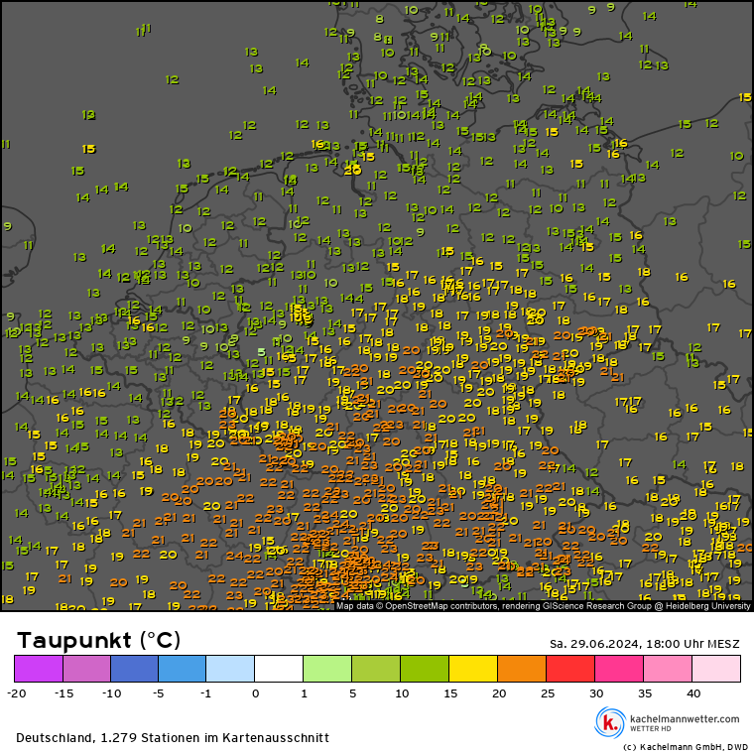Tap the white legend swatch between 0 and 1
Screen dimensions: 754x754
click(279, 668)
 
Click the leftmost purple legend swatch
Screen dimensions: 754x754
click(39, 668)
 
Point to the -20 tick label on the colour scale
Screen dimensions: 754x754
click(15, 693)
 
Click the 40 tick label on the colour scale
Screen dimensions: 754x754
click(692, 693)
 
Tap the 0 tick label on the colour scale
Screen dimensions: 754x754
click(255, 693)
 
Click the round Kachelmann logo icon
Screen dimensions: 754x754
click(609, 722)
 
